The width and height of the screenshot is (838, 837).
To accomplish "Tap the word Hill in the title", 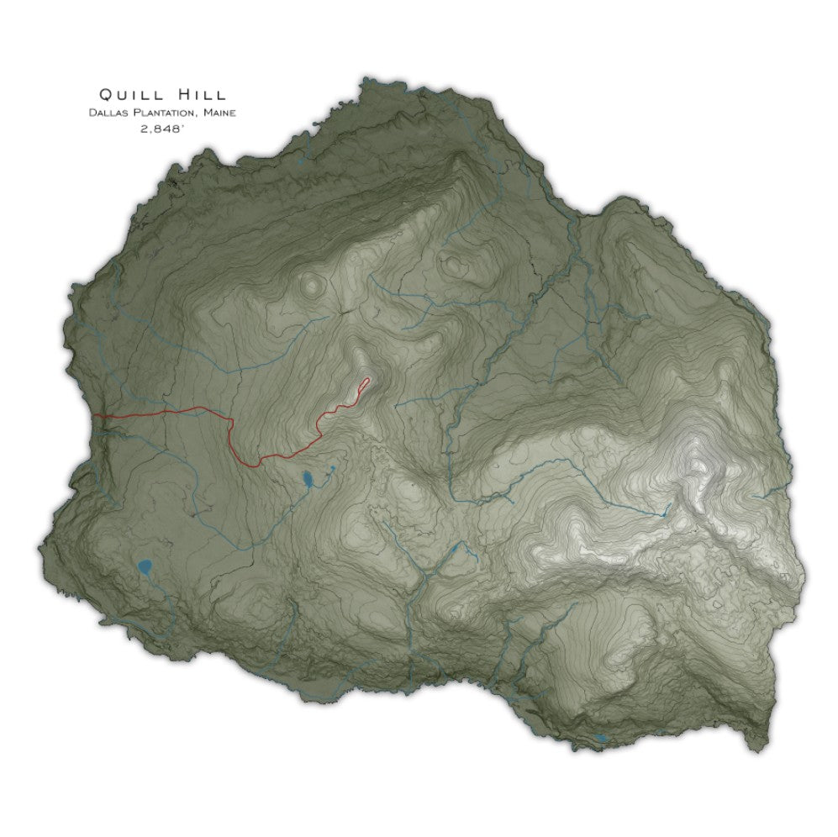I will [x=200, y=94].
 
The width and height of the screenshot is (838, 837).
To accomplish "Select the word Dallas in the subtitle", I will [x=108, y=113].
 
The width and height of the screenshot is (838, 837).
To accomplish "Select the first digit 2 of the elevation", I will [x=145, y=129].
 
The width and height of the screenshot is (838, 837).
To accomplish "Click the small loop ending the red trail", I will [x=365, y=384].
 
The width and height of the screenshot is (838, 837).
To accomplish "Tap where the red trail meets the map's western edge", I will [x=94, y=415].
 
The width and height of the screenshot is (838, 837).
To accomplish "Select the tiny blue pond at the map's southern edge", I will [x=599, y=739].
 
